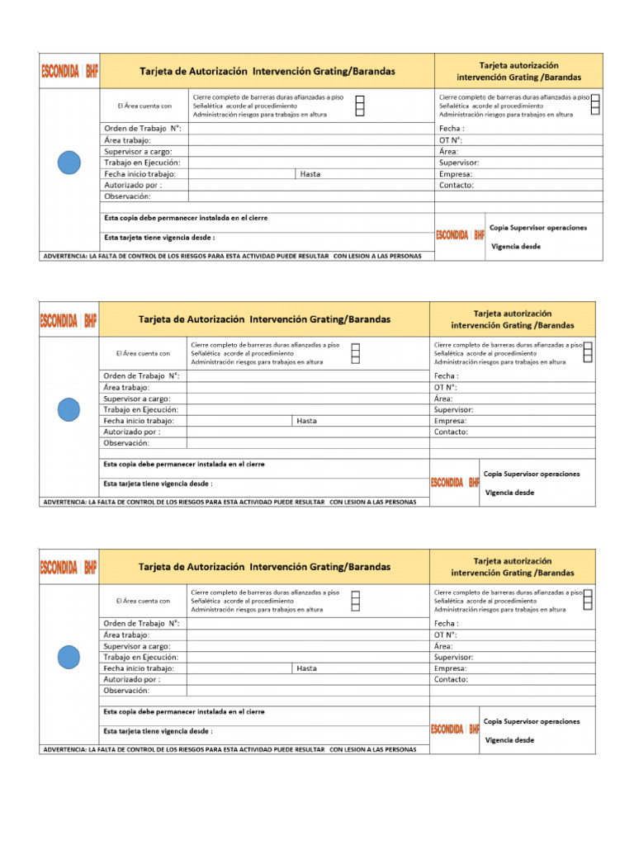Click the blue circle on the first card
tap(69, 163)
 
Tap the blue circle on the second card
tap(69, 409)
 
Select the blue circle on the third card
tap(69, 657)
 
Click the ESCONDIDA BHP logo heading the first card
tap(69, 72)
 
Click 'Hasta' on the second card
tap(306, 421)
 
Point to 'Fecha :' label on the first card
tap(452, 129)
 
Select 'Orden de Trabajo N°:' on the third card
tap(141, 624)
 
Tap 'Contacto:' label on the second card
tap(451, 432)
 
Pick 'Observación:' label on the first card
tap(127, 196)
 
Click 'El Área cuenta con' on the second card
tap(143, 353)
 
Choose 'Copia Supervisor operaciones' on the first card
tap(538, 227)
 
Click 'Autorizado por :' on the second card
tap(132, 432)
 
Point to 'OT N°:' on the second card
tap(446, 387)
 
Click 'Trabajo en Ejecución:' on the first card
tap(142, 163)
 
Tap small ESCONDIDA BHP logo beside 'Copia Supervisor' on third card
tap(455, 729)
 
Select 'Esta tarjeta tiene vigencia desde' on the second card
tap(158, 484)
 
